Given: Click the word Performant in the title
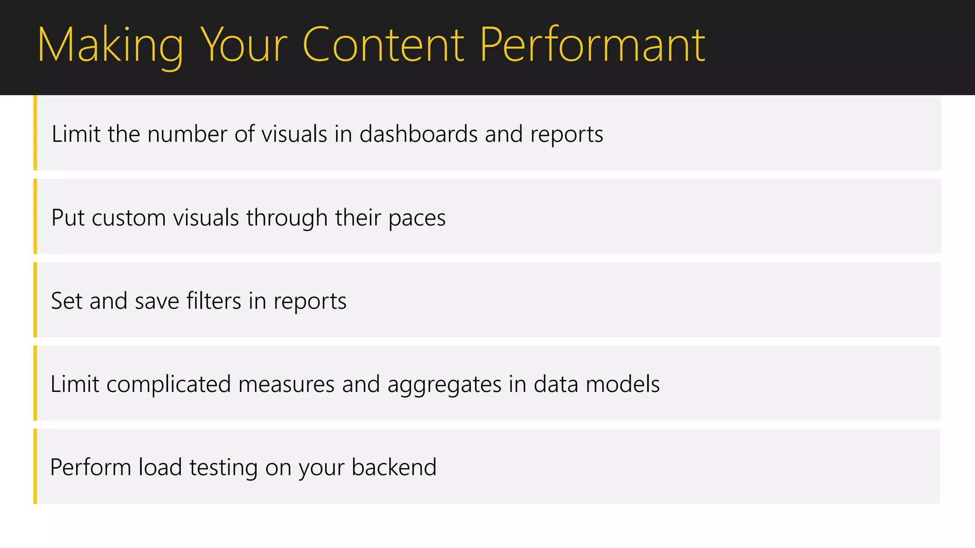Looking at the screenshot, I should coord(592,45).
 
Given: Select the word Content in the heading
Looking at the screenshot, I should coord(383,45).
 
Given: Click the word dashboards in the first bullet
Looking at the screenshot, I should coord(418,134).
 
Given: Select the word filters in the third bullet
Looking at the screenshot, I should coord(214,301).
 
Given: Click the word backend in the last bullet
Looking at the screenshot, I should coord(394,467).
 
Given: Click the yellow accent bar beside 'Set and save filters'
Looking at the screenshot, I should coord(35,300).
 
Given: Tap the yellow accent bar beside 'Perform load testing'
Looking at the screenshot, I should coord(35,466).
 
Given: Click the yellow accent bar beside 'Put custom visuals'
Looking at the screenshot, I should coord(35,216).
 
